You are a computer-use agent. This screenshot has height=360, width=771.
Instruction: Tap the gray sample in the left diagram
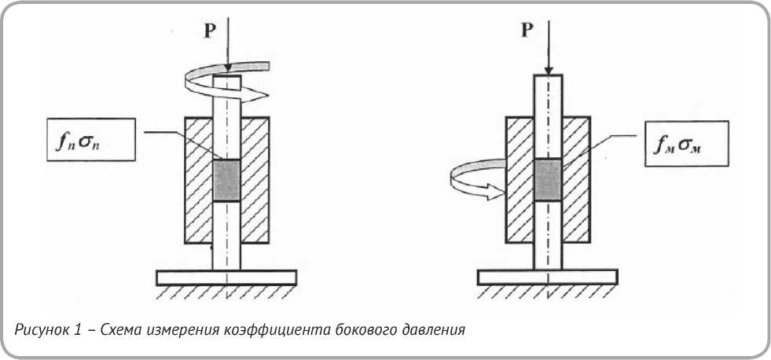[227, 181]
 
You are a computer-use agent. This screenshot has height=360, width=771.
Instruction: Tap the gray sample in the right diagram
[547, 178]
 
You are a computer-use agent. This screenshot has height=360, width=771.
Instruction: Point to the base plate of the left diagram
[226, 277]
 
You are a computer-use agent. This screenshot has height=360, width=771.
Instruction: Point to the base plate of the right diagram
[548, 277]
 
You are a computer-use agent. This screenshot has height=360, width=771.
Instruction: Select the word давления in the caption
[432, 329]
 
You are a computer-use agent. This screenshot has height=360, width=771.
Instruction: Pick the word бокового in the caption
[356, 329]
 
